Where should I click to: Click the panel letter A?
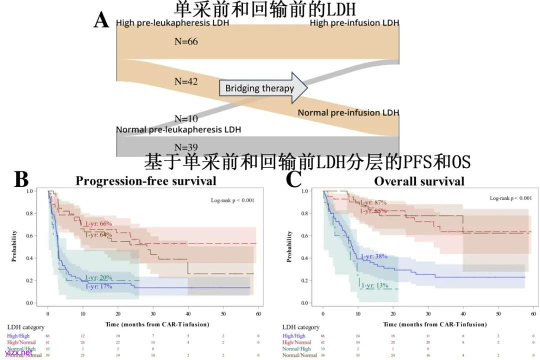click(101, 20)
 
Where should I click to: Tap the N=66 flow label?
click(186, 41)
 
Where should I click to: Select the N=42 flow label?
click(186, 81)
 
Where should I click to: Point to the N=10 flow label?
click(186, 119)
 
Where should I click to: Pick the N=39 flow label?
click(186, 147)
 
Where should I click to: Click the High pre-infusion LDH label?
click(354, 23)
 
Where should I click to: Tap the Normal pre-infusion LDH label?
click(348, 113)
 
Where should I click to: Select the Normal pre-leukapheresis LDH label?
click(178, 129)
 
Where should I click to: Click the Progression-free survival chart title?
click(146, 180)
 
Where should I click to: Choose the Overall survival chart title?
click(419, 180)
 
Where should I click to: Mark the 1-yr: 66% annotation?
click(98, 223)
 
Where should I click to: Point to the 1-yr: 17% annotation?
click(98, 286)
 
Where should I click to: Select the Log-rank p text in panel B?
click(232, 200)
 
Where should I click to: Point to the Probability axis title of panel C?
click(289, 246)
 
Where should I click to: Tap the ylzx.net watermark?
click(15, 353)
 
